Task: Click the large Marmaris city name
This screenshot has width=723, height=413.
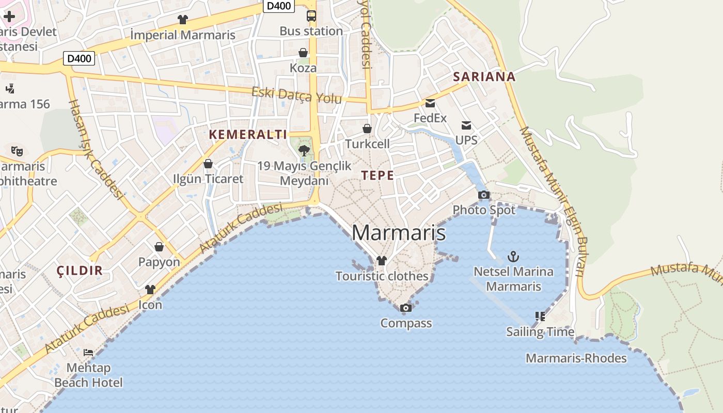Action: tap(399, 233)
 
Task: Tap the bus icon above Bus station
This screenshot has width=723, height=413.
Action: tap(311, 16)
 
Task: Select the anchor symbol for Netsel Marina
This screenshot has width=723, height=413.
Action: tap(513, 256)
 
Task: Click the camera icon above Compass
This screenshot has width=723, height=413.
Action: tap(406, 308)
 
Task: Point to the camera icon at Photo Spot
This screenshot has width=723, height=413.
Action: tap(484, 195)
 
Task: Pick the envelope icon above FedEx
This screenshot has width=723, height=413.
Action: tap(430, 103)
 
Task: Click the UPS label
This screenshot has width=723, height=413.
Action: tap(466, 140)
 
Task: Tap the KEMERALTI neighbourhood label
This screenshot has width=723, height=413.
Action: tap(248, 135)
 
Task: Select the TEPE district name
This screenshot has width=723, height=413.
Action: tap(378, 176)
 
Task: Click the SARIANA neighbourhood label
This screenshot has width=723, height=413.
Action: tap(484, 77)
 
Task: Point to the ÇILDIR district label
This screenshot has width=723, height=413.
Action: tap(80, 271)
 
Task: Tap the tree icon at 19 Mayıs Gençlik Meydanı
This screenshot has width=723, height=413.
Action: tap(304, 150)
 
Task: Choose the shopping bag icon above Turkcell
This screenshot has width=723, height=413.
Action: tap(367, 129)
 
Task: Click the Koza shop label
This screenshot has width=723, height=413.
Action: tap(303, 68)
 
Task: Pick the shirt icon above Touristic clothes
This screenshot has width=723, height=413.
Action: tap(382, 261)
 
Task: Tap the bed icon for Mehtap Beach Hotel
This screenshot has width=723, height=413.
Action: tap(88, 353)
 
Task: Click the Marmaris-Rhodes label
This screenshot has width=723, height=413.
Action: tap(576, 358)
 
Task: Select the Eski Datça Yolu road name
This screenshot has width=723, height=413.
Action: tap(296, 96)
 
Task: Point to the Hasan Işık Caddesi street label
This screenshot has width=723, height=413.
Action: tap(96, 149)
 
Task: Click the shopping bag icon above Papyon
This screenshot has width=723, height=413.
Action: tap(159, 247)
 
